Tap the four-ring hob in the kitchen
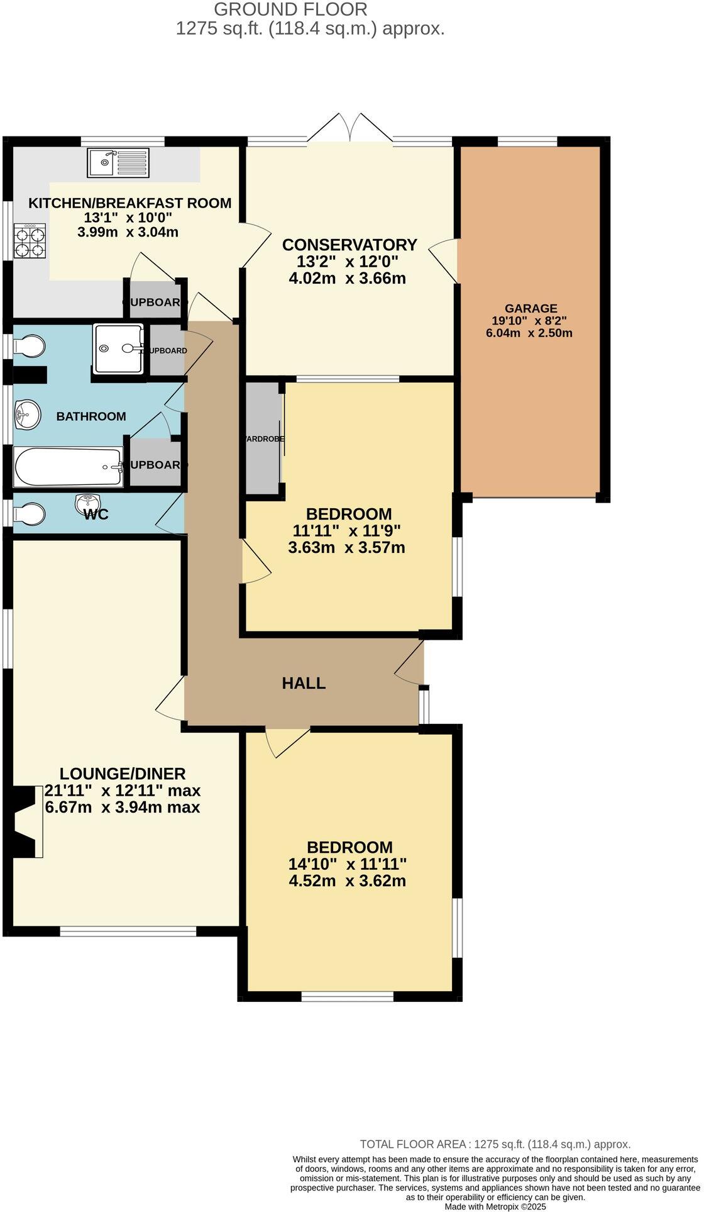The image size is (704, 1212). tap(30, 242)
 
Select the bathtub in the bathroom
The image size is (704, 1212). tap(68, 467)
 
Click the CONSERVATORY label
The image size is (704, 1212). tap(349, 245)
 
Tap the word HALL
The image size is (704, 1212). tap(304, 683)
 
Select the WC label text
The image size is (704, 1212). tap(96, 514)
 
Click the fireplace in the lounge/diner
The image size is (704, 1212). tap(26, 821)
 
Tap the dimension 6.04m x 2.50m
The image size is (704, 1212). tap(529, 333)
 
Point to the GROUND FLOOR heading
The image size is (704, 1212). tap(290, 9)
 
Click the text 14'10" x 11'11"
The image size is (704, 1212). tap(347, 864)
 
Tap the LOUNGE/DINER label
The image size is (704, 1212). tap(123, 774)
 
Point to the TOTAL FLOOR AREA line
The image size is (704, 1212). tap(495, 1144)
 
